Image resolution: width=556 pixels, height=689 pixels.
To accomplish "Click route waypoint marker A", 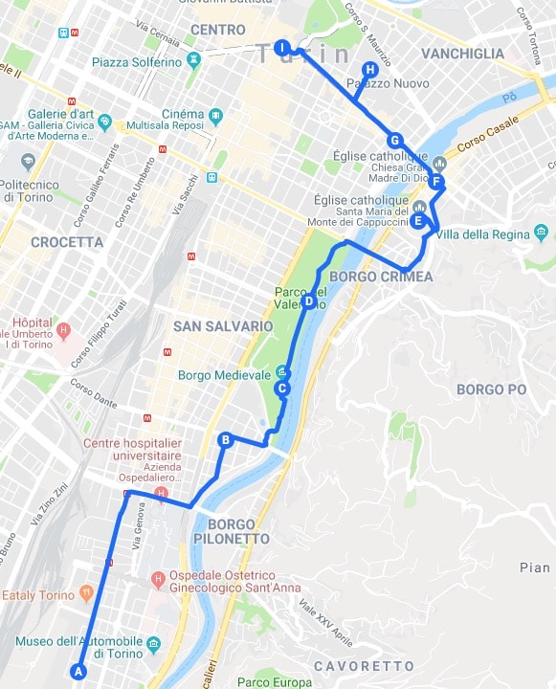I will click(x=78, y=671).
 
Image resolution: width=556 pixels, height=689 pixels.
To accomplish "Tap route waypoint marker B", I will click(x=226, y=440).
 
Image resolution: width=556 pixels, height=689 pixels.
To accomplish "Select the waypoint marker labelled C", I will click(x=282, y=389).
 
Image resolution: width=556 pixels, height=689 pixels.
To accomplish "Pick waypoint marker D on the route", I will click(x=308, y=301).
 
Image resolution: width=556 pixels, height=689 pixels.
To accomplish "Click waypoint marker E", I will click(x=418, y=220).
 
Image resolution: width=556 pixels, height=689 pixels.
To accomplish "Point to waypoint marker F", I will click(x=436, y=181).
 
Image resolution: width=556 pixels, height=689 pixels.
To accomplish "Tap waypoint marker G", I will click(x=394, y=140).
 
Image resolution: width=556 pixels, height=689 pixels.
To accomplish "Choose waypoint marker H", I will click(x=369, y=69).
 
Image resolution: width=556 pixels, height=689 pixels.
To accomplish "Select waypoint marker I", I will click(x=281, y=47).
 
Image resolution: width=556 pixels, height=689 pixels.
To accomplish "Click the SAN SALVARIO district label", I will click(x=223, y=326).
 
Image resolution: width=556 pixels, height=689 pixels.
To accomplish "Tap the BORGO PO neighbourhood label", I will click(x=492, y=389).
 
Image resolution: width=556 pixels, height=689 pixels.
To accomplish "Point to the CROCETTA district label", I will click(x=67, y=242).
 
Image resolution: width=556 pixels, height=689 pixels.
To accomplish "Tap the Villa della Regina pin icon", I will click(x=541, y=233).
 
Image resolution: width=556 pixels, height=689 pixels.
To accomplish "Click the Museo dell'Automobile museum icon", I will click(x=153, y=642).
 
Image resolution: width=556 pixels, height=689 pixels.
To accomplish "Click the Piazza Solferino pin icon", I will click(x=195, y=60).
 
